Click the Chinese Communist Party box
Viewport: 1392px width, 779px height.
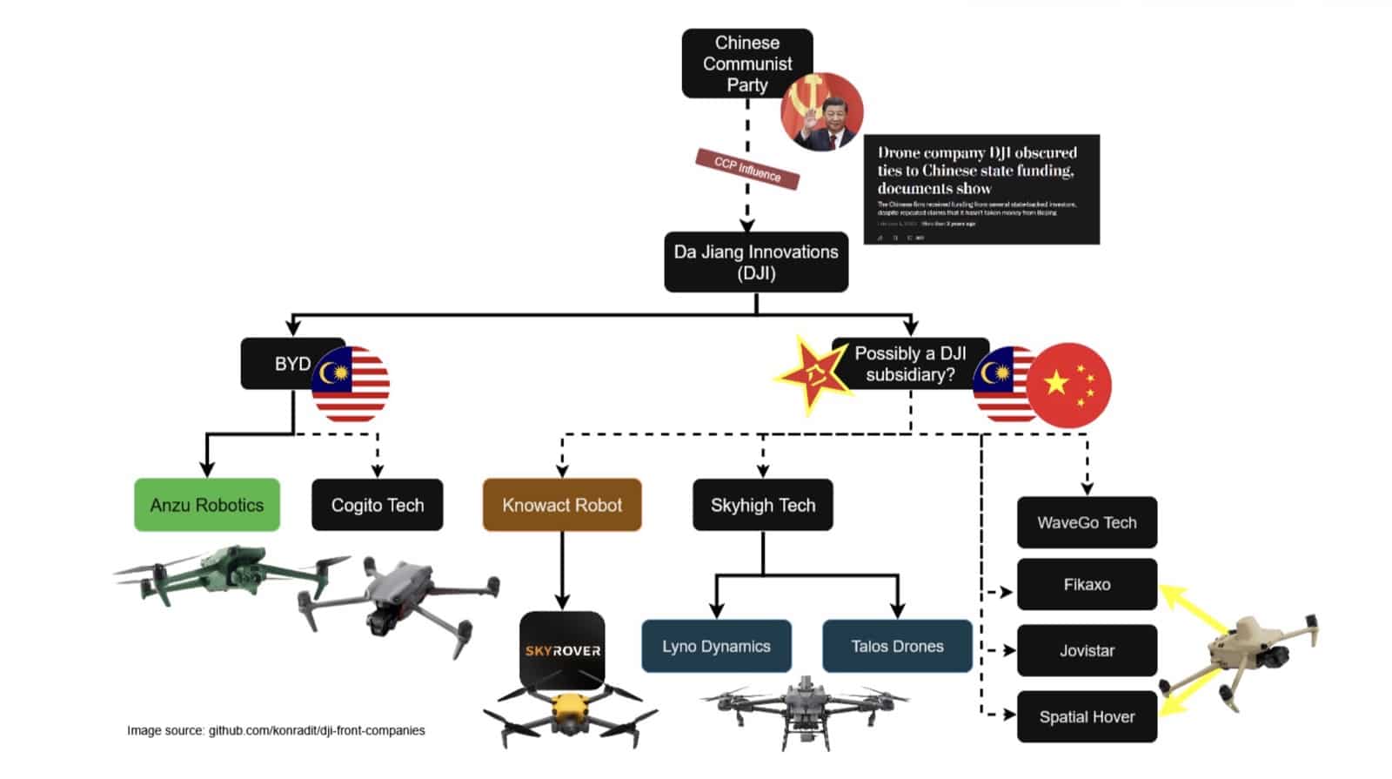pyautogui.click(x=746, y=62)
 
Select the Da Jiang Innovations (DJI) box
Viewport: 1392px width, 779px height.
pyautogui.click(x=755, y=261)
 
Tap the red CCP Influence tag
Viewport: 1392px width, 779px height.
pyautogui.click(x=746, y=168)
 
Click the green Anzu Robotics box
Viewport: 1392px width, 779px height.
pyautogui.click(x=207, y=505)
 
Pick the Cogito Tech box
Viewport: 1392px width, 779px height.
pyautogui.click(x=377, y=505)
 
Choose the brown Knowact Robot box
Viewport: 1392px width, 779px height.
pyautogui.click(x=562, y=505)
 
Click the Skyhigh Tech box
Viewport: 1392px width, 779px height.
pyautogui.click(x=762, y=505)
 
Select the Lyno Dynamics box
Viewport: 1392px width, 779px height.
pyautogui.click(x=716, y=646)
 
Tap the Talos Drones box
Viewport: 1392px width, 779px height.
pyautogui.click(x=897, y=646)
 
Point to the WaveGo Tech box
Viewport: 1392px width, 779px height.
pyautogui.click(x=1087, y=522)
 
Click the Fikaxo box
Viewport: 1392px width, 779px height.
pyautogui.click(x=1087, y=584)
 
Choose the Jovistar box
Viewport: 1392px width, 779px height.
pyautogui.click(x=1087, y=650)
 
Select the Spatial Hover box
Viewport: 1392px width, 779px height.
pyautogui.click(x=1087, y=716)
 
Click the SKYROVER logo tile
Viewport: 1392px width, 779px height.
pyautogui.click(x=562, y=649)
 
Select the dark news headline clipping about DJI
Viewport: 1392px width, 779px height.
pyautogui.click(x=980, y=189)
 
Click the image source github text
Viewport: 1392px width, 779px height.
pyautogui.click(x=276, y=730)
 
